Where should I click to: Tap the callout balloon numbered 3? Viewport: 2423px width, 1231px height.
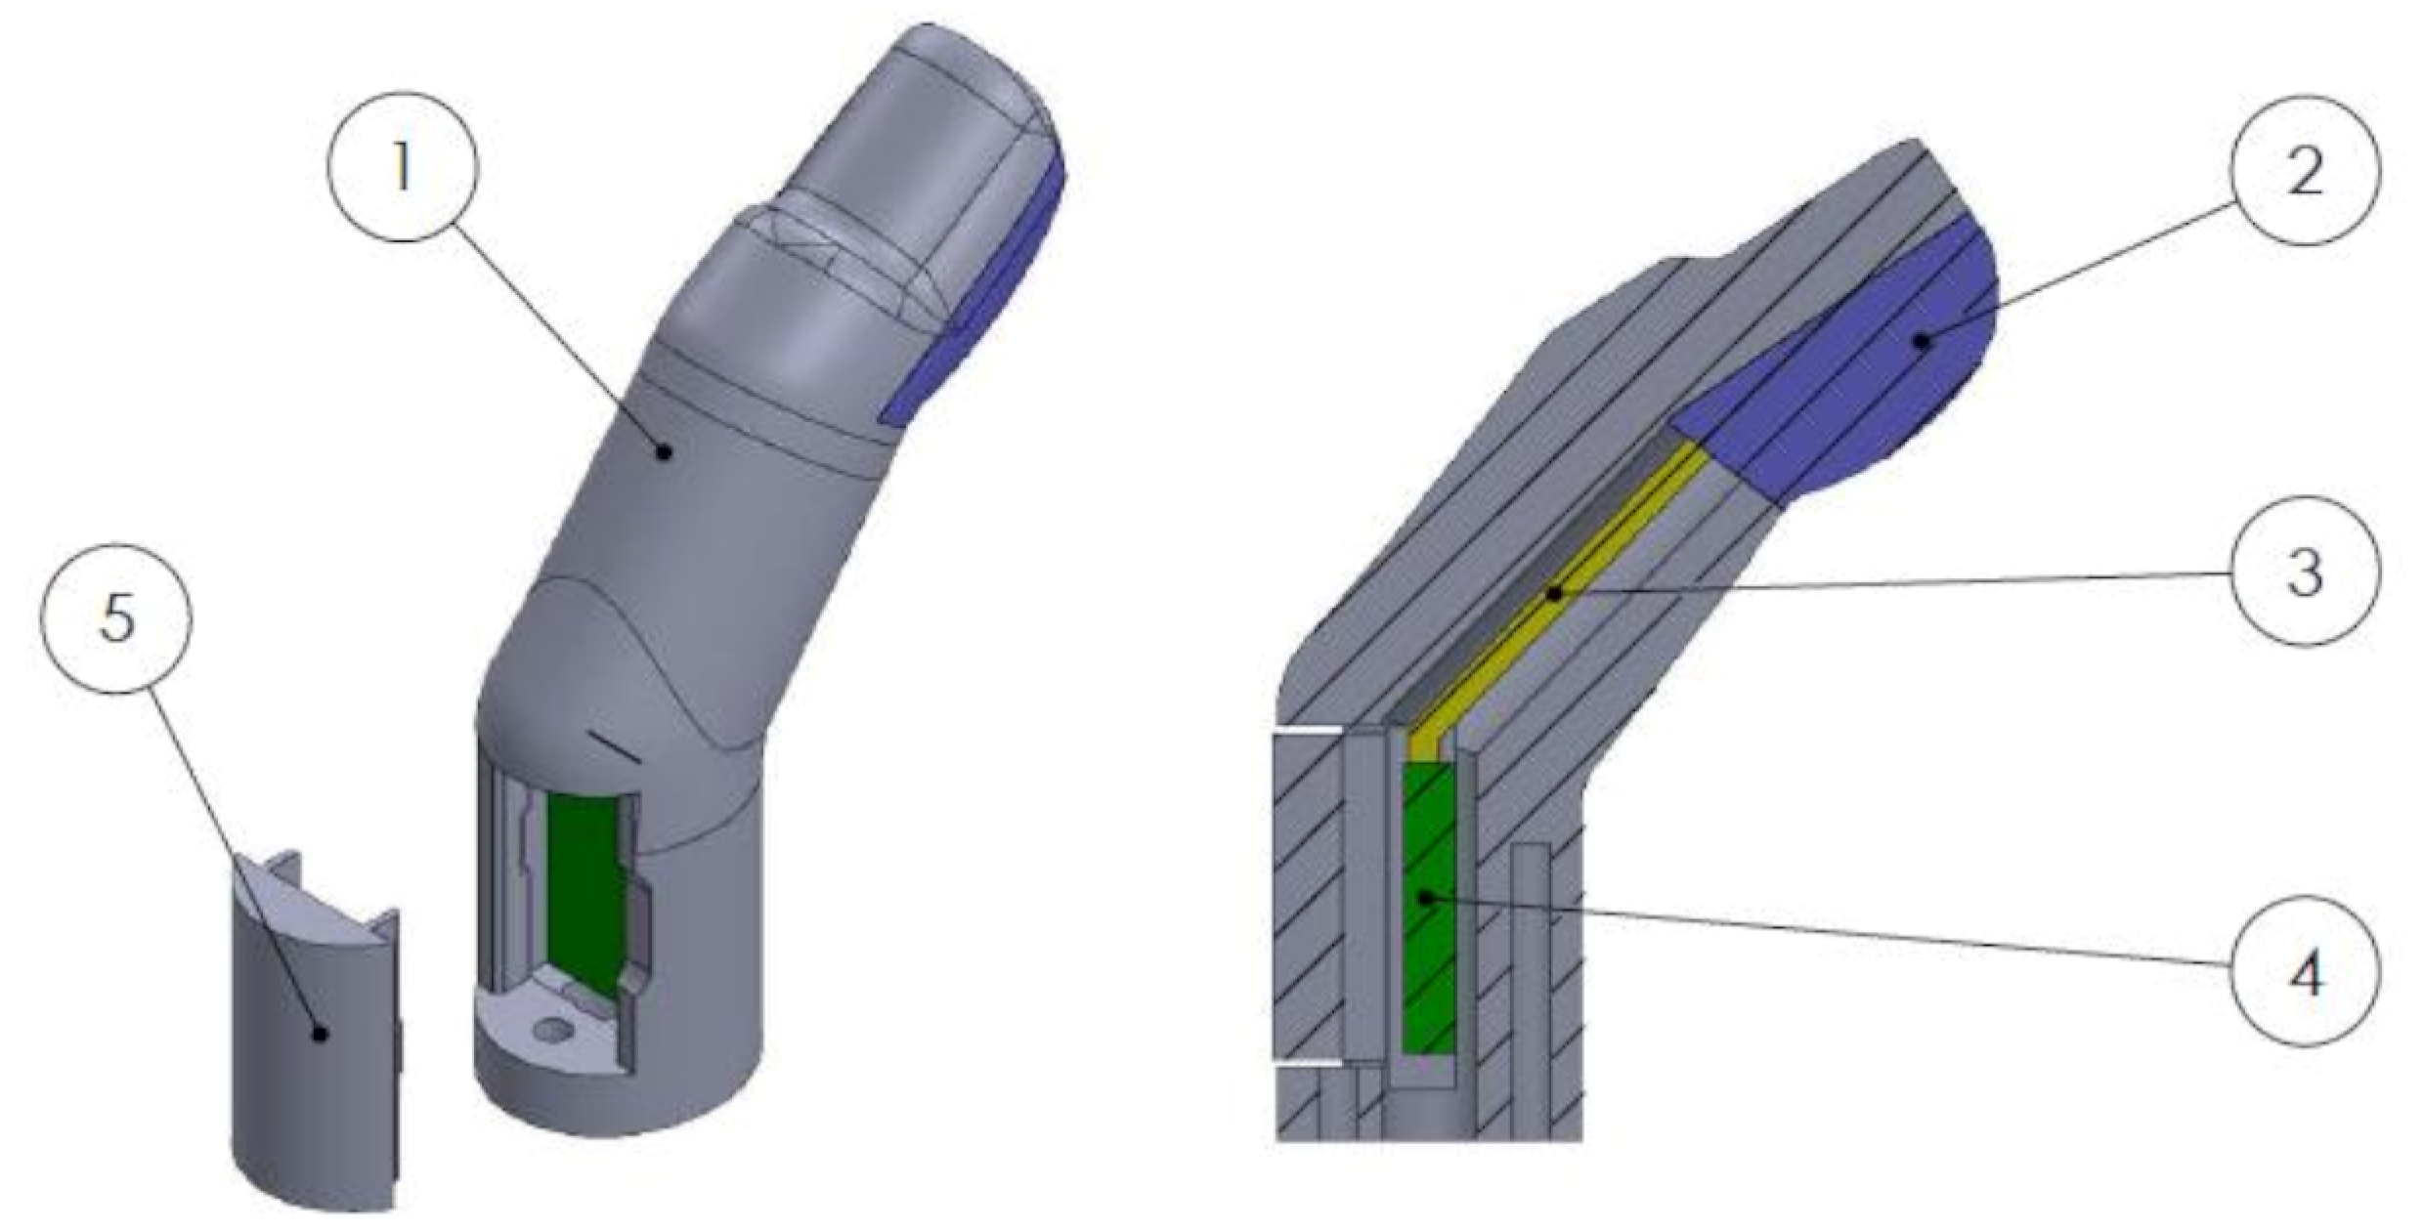pos(2304,572)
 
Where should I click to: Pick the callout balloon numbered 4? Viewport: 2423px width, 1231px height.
pos(2304,971)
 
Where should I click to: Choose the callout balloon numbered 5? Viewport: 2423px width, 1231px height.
pos(116,617)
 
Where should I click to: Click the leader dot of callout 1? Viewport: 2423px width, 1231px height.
pos(665,451)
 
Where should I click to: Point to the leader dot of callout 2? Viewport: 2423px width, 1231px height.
pos(1922,340)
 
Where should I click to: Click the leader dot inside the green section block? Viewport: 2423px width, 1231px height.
pos(1426,896)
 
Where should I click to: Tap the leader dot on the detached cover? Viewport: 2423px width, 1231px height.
pos(319,1033)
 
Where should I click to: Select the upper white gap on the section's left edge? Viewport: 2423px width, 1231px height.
pos(1308,730)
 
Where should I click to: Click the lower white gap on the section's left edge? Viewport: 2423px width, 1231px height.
pos(1308,1061)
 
